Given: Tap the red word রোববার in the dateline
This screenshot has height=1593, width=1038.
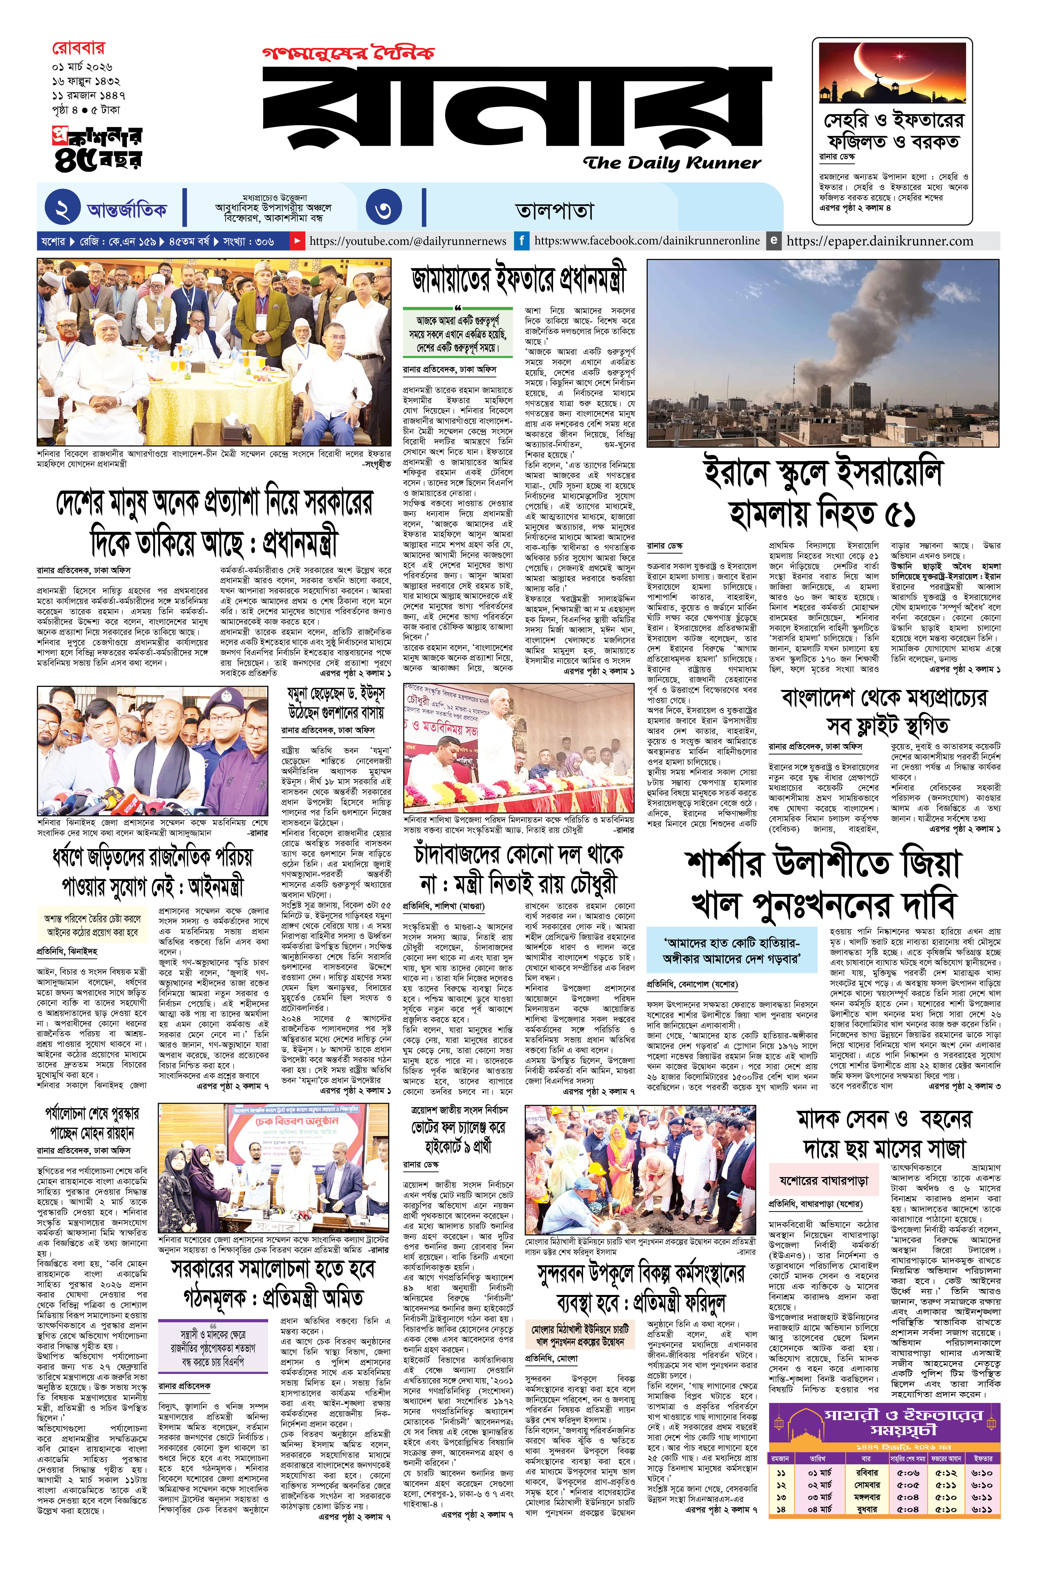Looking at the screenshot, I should [78, 48].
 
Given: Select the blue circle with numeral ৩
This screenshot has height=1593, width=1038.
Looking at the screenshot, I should [384, 210].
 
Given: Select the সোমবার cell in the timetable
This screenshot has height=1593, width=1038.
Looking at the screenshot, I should [867, 1485].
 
